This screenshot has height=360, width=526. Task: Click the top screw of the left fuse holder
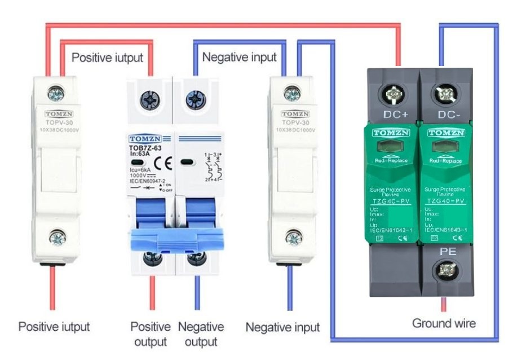tap(55, 90)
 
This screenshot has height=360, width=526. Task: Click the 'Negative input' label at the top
tap(239, 57)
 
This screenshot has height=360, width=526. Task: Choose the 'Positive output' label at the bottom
tap(151, 334)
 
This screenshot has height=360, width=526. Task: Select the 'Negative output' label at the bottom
tap(201, 334)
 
